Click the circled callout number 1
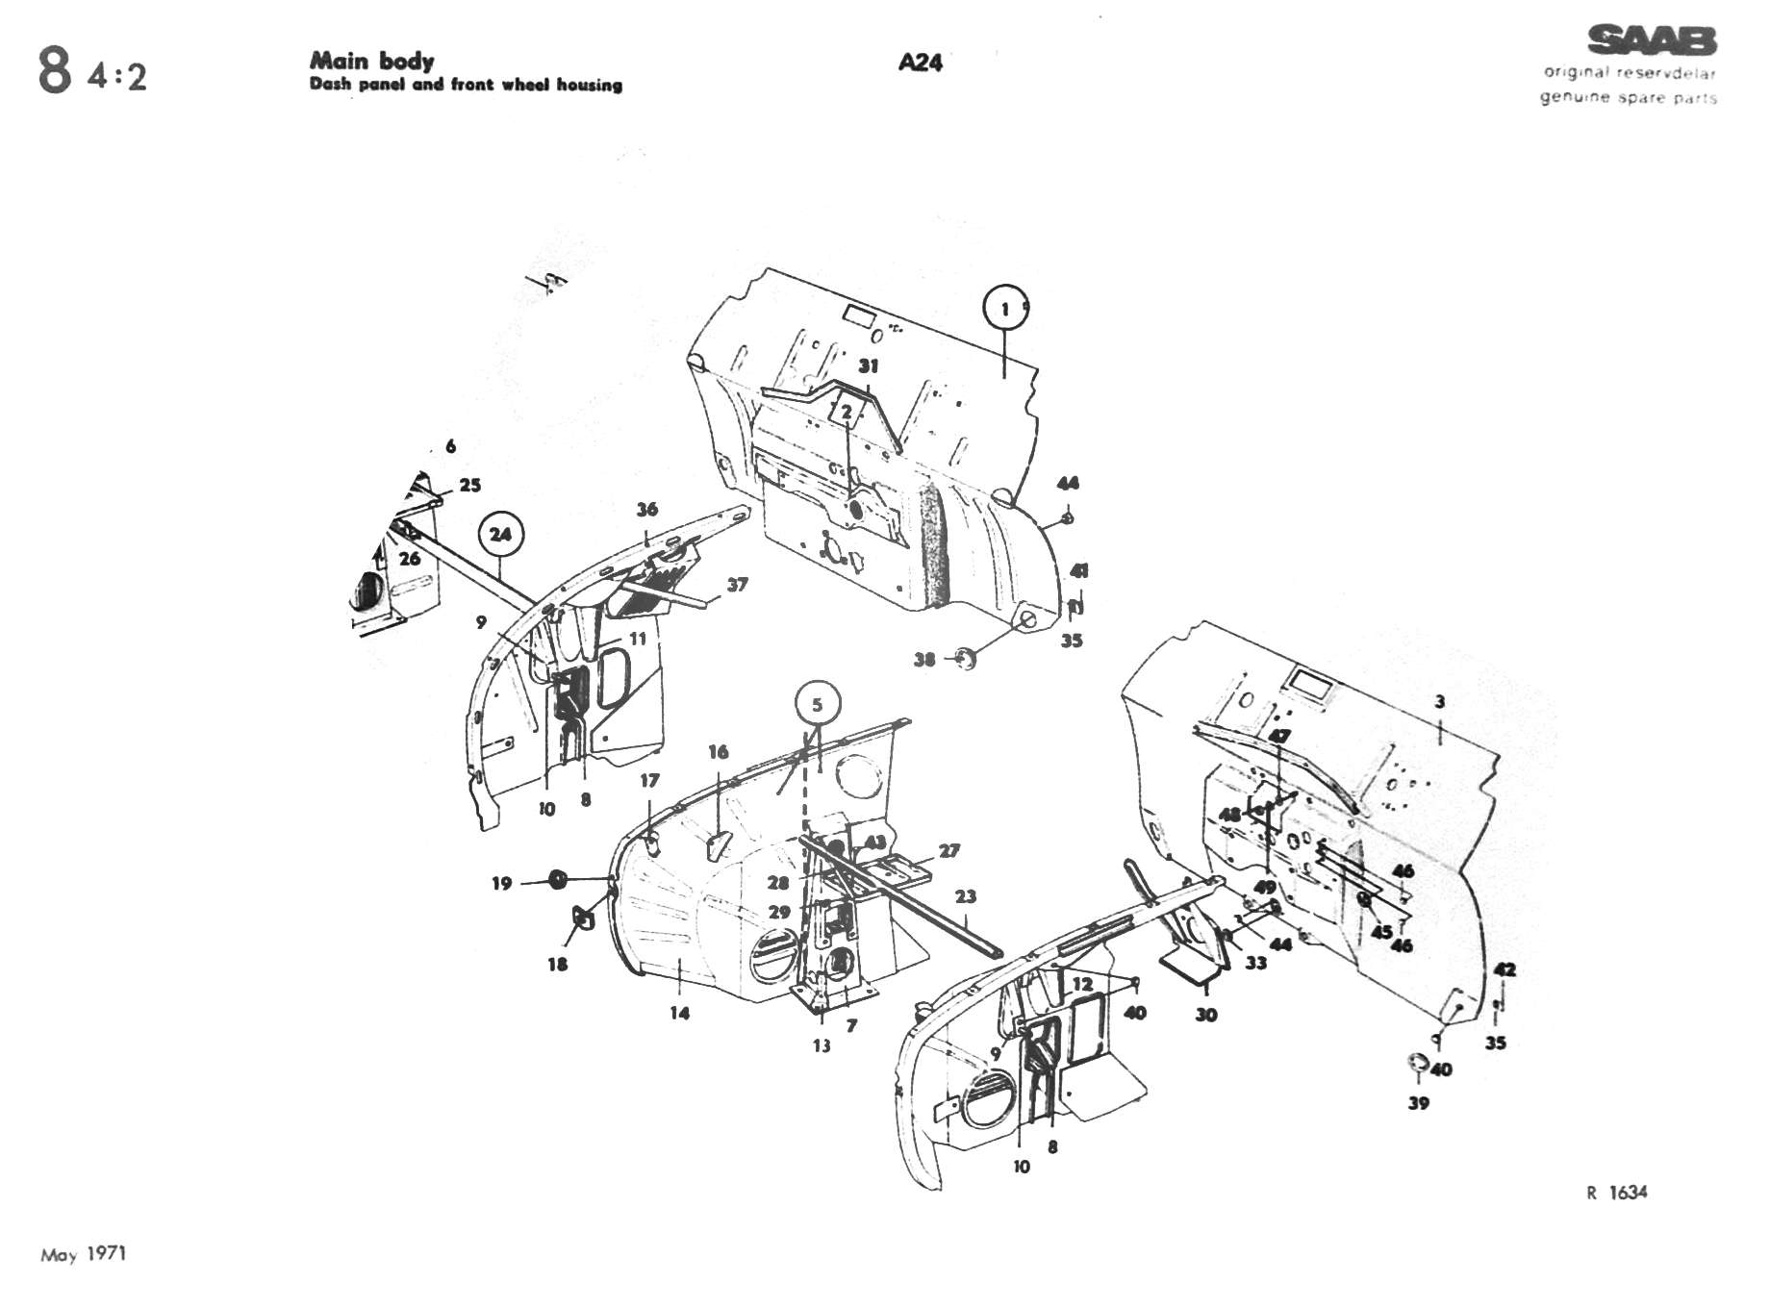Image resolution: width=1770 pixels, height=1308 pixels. pos(1004,309)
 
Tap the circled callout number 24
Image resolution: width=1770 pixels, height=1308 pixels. pos(500,534)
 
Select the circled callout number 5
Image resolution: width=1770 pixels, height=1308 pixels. pos(818,705)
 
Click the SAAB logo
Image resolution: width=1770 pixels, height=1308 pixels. pos(1651,41)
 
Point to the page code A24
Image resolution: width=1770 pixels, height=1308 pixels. pos(920,63)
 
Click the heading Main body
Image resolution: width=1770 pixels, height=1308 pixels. pos(371,61)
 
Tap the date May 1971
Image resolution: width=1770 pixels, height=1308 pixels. pos(84,1254)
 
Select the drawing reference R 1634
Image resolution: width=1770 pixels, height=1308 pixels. pos(1616,1193)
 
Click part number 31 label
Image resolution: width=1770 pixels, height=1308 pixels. pos(869,366)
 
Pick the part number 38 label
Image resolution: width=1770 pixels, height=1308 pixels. pos(924,660)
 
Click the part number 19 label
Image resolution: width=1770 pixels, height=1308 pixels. pos(501,883)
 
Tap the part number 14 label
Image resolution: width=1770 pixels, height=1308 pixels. pos(680,1013)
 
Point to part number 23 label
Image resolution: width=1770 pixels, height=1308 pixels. pos(966,896)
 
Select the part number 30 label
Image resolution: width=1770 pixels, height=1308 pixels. pos(1206,1014)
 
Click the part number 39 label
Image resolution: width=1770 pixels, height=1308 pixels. pos(1419,1103)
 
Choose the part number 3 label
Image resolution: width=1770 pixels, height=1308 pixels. pos(1439,702)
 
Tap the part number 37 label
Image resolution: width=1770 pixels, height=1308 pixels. pos(737,585)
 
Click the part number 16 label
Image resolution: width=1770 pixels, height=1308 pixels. pos(719,752)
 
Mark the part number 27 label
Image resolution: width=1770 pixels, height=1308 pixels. pos(949,851)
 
